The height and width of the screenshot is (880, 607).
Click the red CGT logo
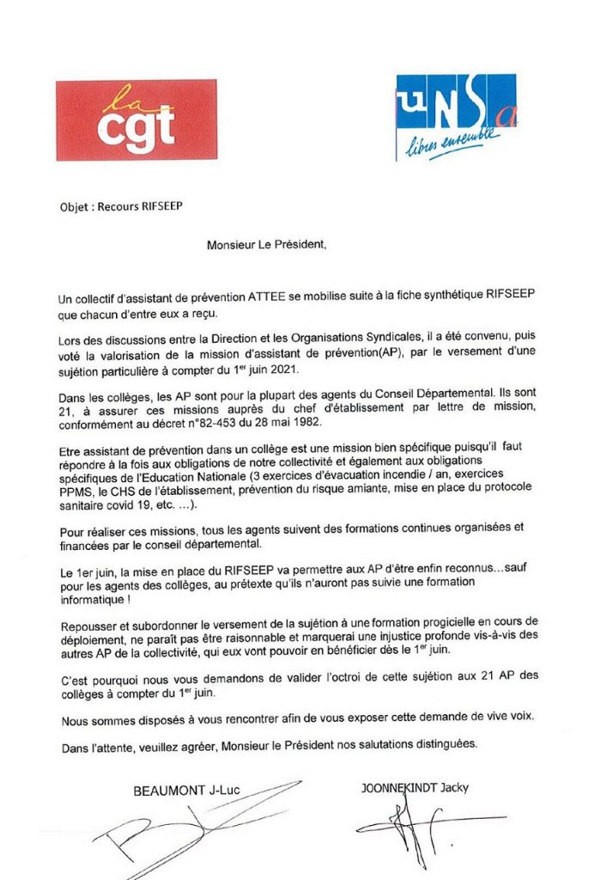pos(136,120)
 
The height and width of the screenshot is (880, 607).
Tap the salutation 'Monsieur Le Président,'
pos(267,244)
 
